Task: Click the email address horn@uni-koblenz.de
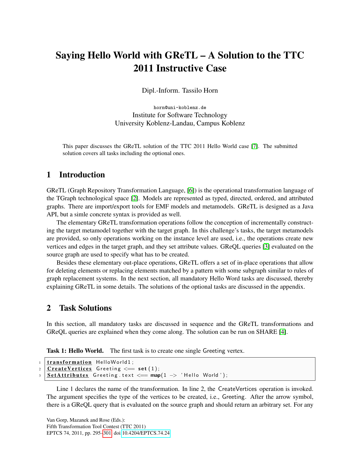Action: (180, 108)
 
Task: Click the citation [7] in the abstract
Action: (254, 146)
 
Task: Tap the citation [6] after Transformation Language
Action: (191, 191)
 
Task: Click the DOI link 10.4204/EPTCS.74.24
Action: (146, 433)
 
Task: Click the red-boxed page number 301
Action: (107, 433)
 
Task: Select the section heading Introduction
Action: (82, 175)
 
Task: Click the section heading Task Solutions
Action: (85, 308)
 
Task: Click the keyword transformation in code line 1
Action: (69, 362)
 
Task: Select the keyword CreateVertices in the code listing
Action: (69, 369)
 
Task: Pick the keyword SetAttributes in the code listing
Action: (68, 375)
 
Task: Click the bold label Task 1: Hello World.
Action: (75, 351)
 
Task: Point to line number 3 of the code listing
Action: (40, 376)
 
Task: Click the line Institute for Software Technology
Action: (180, 115)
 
